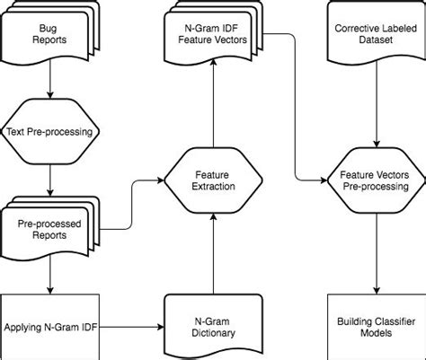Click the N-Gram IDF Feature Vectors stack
pos(214,34)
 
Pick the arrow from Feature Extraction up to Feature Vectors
pos(214,108)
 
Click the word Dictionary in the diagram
pos(214,333)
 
